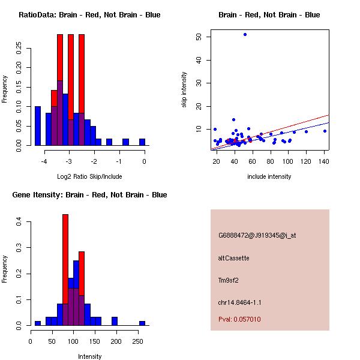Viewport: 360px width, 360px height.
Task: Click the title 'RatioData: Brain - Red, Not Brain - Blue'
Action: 89,14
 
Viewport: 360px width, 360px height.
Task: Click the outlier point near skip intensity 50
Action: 245,34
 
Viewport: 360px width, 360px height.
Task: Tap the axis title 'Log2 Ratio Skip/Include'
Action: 89,176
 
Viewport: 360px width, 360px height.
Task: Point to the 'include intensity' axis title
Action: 269,176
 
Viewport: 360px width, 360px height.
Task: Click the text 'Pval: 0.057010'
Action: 239,320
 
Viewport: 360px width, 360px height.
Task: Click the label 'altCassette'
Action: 233,258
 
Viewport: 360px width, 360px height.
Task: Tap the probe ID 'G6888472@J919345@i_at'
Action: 257,235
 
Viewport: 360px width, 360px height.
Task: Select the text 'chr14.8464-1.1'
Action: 239,302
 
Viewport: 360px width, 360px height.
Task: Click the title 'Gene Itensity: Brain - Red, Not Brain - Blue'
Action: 89,195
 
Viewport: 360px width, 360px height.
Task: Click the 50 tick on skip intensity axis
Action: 199,37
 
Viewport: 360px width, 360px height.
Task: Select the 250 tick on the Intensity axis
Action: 137,341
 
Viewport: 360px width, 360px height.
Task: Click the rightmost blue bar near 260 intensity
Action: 142,323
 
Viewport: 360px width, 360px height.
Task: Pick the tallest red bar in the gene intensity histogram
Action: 65,270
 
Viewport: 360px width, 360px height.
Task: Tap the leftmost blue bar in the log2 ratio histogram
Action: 37,126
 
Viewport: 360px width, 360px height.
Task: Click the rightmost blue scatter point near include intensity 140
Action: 325,131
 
